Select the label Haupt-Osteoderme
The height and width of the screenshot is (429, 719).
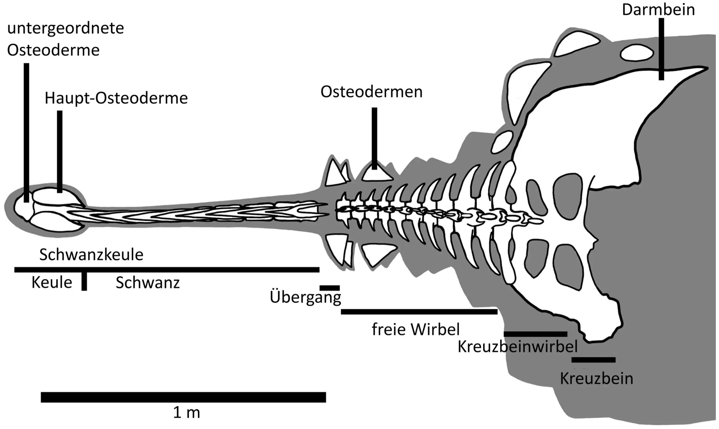click(x=116, y=98)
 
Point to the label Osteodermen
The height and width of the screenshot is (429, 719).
click(x=372, y=92)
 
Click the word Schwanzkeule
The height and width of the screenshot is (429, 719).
click(x=91, y=255)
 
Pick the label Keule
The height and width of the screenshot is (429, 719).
click(x=52, y=283)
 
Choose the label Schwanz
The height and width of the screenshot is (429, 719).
click(x=148, y=283)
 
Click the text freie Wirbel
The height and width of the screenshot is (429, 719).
click(x=416, y=329)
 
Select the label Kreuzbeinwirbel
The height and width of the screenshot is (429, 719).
click(x=518, y=347)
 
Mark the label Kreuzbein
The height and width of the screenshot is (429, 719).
click(x=597, y=379)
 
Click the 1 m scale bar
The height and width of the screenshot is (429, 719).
click(x=183, y=397)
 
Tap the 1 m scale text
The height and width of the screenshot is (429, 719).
click(x=187, y=413)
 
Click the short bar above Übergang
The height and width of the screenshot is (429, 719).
click(x=329, y=288)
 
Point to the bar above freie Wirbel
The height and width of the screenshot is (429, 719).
click(x=419, y=312)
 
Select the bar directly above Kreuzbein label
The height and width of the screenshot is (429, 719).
click(x=594, y=360)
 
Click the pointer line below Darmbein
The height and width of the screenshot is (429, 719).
click(x=661, y=49)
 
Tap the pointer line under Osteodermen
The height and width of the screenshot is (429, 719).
click(x=374, y=138)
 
